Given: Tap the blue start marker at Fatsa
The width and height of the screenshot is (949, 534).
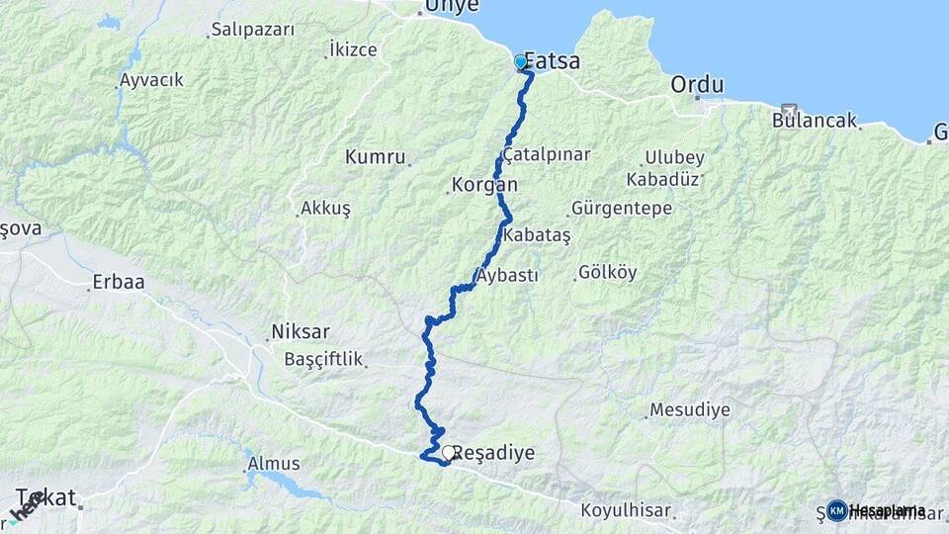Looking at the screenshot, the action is [x=521, y=62].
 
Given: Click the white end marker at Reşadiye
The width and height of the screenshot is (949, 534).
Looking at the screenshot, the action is [x=448, y=453].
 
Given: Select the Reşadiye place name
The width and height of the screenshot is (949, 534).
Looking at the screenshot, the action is [x=495, y=453].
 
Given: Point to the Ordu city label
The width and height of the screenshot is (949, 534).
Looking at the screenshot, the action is [x=697, y=85].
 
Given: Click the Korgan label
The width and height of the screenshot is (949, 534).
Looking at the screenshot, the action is [x=484, y=184].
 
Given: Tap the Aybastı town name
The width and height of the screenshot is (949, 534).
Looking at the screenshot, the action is [x=507, y=275].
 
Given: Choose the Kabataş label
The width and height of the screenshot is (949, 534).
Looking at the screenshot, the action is [x=537, y=235].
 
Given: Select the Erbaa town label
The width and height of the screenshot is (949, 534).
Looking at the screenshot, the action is [x=118, y=282].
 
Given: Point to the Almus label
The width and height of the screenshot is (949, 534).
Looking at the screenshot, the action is [x=274, y=463].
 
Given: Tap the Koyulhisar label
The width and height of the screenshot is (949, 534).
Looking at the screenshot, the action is [x=627, y=511].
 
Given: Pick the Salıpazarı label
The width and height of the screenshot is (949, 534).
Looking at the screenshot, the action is [x=252, y=30].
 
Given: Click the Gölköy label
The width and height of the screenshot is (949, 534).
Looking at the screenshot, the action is [x=607, y=272].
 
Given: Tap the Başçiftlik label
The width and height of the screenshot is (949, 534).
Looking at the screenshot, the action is [x=324, y=358].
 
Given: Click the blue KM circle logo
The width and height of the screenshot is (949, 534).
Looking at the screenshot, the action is [x=837, y=510].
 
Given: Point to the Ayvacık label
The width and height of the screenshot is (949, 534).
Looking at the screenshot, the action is [x=151, y=80].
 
